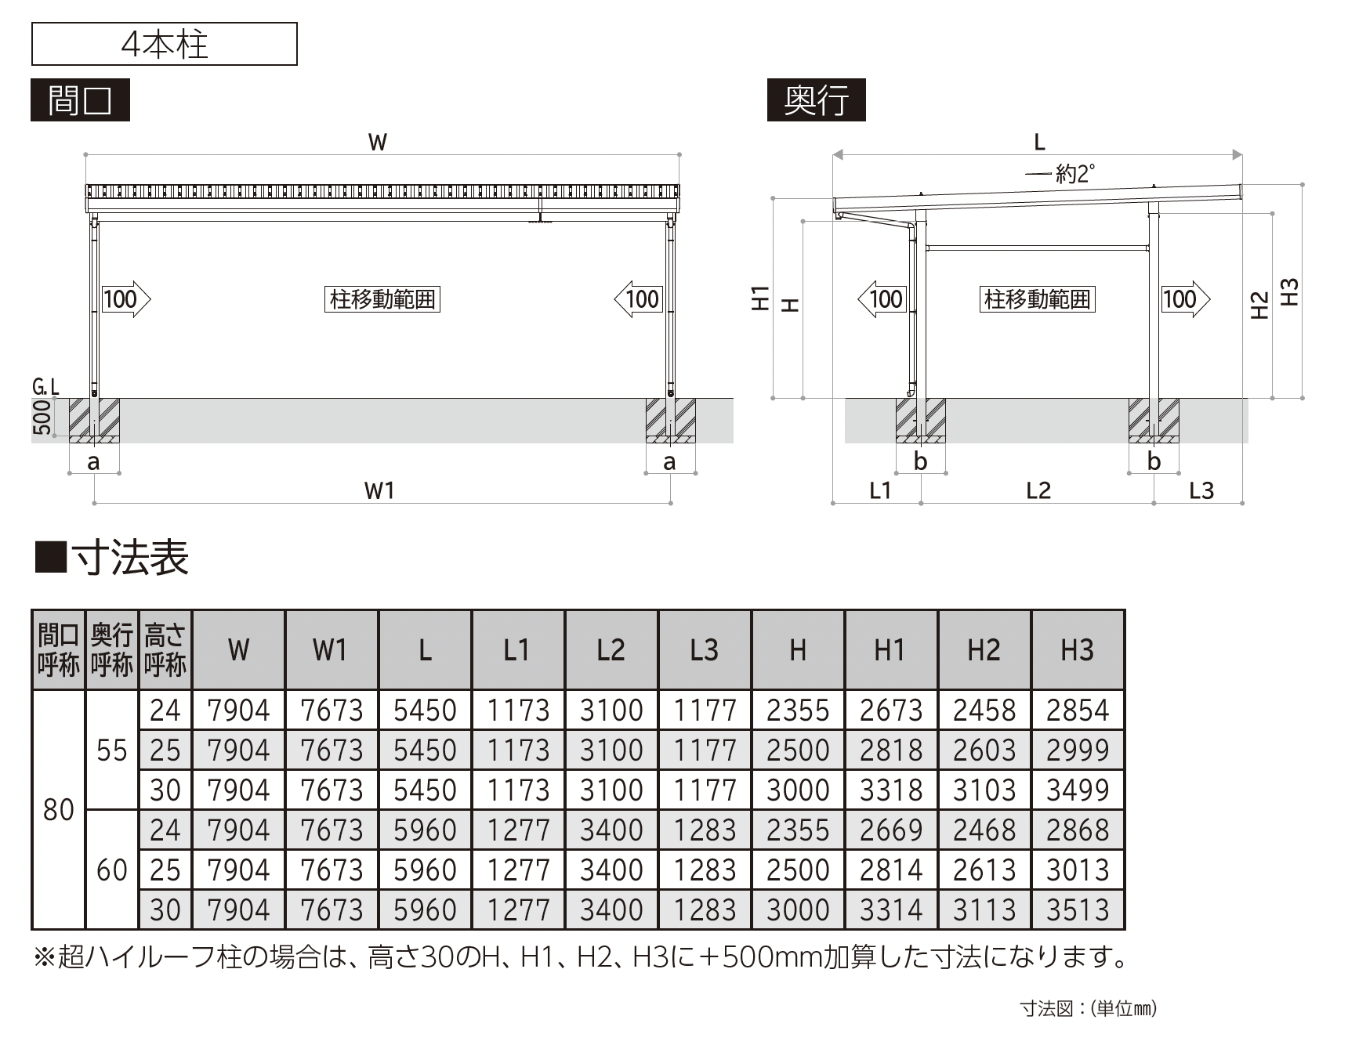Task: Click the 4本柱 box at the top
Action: click(x=165, y=44)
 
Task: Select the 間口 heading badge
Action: click(x=80, y=100)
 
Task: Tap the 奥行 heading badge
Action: click(x=816, y=100)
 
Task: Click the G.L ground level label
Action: click(x=46, y=386)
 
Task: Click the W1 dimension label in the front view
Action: click(x=379, y=490)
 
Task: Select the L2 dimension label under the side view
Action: click(x=1038, y=490)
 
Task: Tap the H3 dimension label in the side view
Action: click(x=1288, y=292)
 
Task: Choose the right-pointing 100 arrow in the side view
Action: click(x=1185, y=299)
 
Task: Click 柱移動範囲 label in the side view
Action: click(x=1037, y=299)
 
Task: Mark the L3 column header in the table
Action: click(x=705, y=650)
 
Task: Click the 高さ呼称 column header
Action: click(x=165, y=650)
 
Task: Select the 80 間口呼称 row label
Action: click(x=59, y=810)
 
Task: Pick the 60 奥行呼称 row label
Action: click(x=112, y=870)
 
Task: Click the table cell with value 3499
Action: click(x=1078, y=790)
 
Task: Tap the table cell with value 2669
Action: click(x=891, y=830)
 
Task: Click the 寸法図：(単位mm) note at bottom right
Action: click(x=1088, y=1008)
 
